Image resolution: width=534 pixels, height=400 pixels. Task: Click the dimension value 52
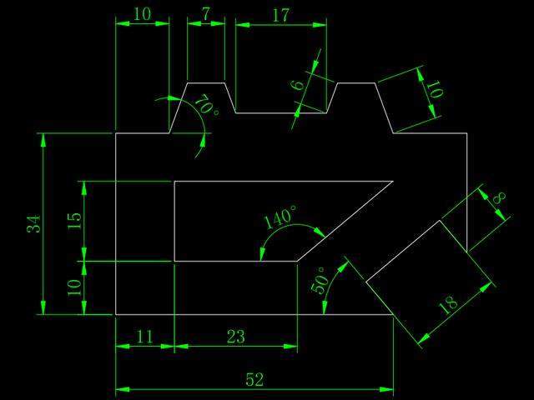[x=254, y=380]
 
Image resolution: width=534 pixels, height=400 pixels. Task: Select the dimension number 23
[x=235, y=337]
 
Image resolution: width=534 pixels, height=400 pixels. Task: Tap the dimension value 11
[x=144, y=337]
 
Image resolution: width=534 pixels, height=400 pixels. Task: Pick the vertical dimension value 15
[x=75, y=221]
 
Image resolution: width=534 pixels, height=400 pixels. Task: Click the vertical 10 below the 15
[x=75, y=287]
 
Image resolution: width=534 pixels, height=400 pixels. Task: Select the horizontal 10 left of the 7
[x=142, y=14]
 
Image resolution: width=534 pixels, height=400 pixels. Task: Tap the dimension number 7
[x=205, y=14]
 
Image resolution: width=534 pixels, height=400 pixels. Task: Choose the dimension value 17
[x=280, y=14]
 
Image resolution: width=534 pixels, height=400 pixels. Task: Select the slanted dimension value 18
[x=448, y=303]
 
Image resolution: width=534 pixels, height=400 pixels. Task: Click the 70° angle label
[x=205, y=106]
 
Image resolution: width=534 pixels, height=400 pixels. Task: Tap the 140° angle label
[x=280, y=218]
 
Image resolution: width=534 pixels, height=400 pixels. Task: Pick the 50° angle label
[x=319, y=280]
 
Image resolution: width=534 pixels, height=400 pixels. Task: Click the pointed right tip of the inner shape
[x=392, y=181]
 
